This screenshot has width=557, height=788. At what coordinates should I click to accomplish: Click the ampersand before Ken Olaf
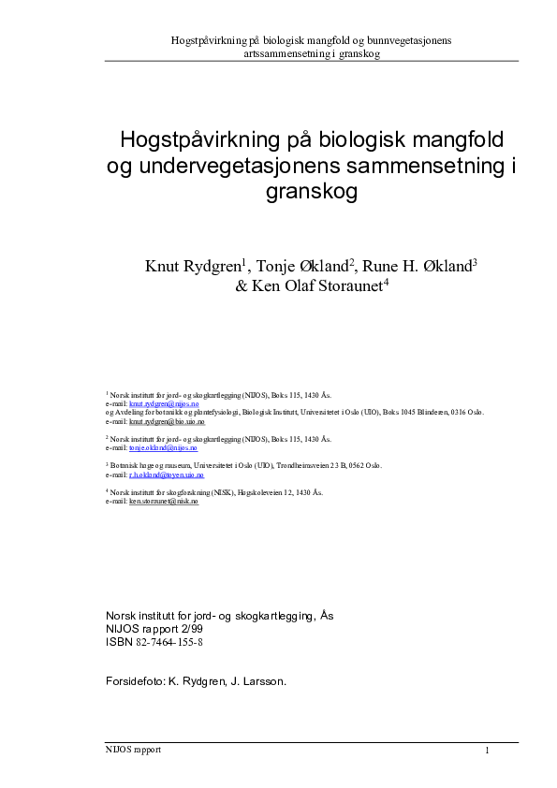click(x=242, y=287)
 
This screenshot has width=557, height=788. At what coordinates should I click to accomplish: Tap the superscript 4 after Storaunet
click(x=386, y=283)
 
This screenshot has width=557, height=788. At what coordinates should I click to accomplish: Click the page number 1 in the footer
click(x=488, y=751)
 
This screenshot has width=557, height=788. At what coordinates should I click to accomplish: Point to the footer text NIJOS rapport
click(x=134, y=750)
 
